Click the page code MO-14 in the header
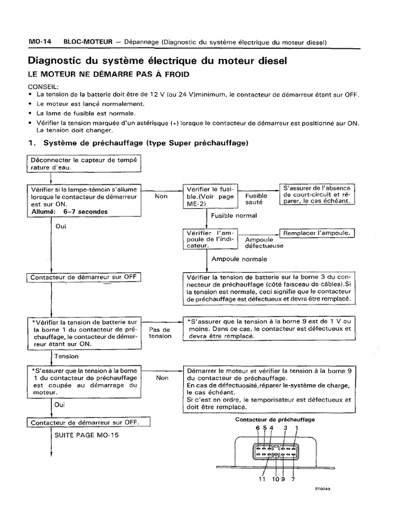[39, 42]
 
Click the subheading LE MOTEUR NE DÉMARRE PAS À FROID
[109, 74]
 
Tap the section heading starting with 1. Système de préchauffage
[138, 143]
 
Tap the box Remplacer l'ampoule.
[317, 233]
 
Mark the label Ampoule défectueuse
[264, 243]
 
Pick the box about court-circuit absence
[317, 194]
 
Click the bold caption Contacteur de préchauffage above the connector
[274, 419]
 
